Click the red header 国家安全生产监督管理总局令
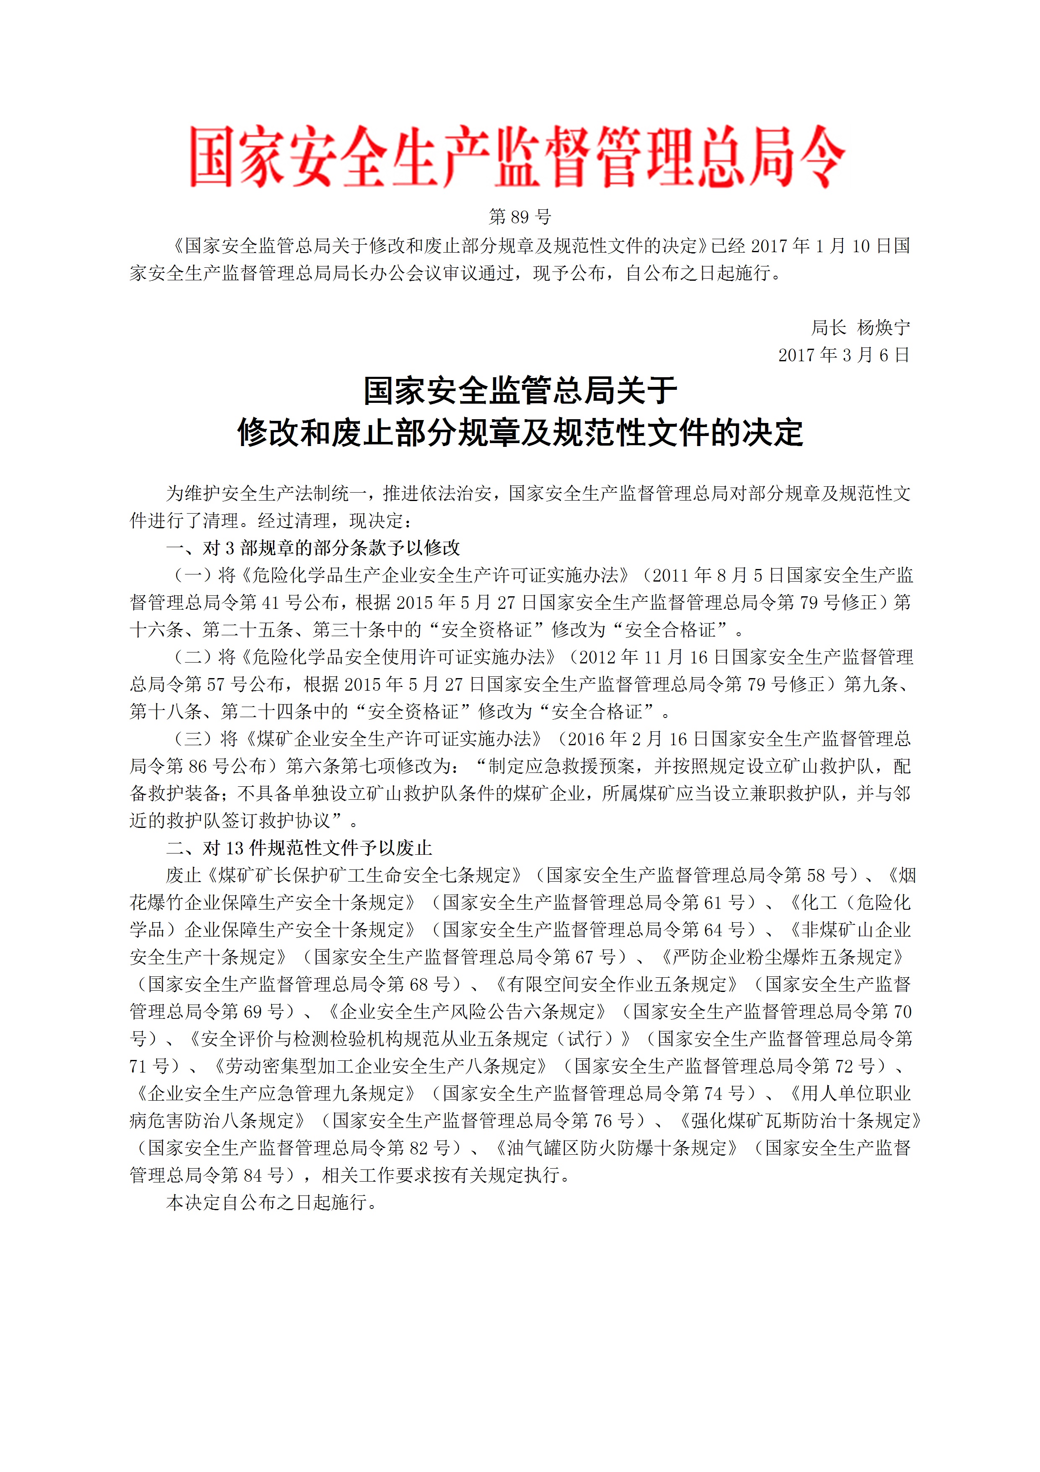(518, 157)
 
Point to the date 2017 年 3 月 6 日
(844, 355)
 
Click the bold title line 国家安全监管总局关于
(520, 390)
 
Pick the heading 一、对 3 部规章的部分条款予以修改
(313, 548)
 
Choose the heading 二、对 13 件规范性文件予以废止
(299, 848)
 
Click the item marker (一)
(193, 575)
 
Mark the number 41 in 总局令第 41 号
(269, 603)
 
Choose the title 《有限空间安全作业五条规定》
(617, 984)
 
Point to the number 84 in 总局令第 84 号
(252, 1175)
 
